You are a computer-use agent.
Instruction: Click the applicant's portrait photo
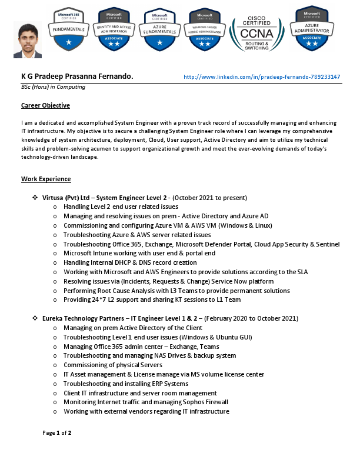(28, 40)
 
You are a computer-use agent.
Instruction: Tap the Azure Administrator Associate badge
(312, 28)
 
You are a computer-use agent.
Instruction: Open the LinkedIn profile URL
(262, 76)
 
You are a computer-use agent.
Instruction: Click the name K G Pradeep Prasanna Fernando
(77, 76)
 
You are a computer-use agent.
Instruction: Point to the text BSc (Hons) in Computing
(53, 87)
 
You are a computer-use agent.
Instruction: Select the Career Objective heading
(45, 105)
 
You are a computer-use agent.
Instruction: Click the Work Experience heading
(46, 178)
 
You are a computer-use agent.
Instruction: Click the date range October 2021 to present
(210, 198)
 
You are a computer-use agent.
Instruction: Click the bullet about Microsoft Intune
(139, 254)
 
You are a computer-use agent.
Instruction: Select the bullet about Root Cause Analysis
(168, 291)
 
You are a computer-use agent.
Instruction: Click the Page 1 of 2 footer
(57, 433)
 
